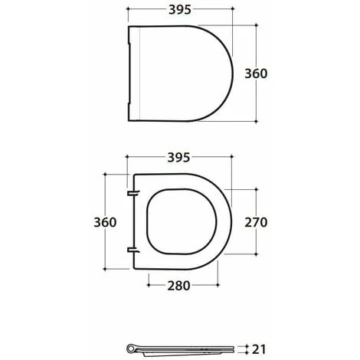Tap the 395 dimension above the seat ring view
click(x=178, y=158)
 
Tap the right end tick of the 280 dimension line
click(x=220, y=286)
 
